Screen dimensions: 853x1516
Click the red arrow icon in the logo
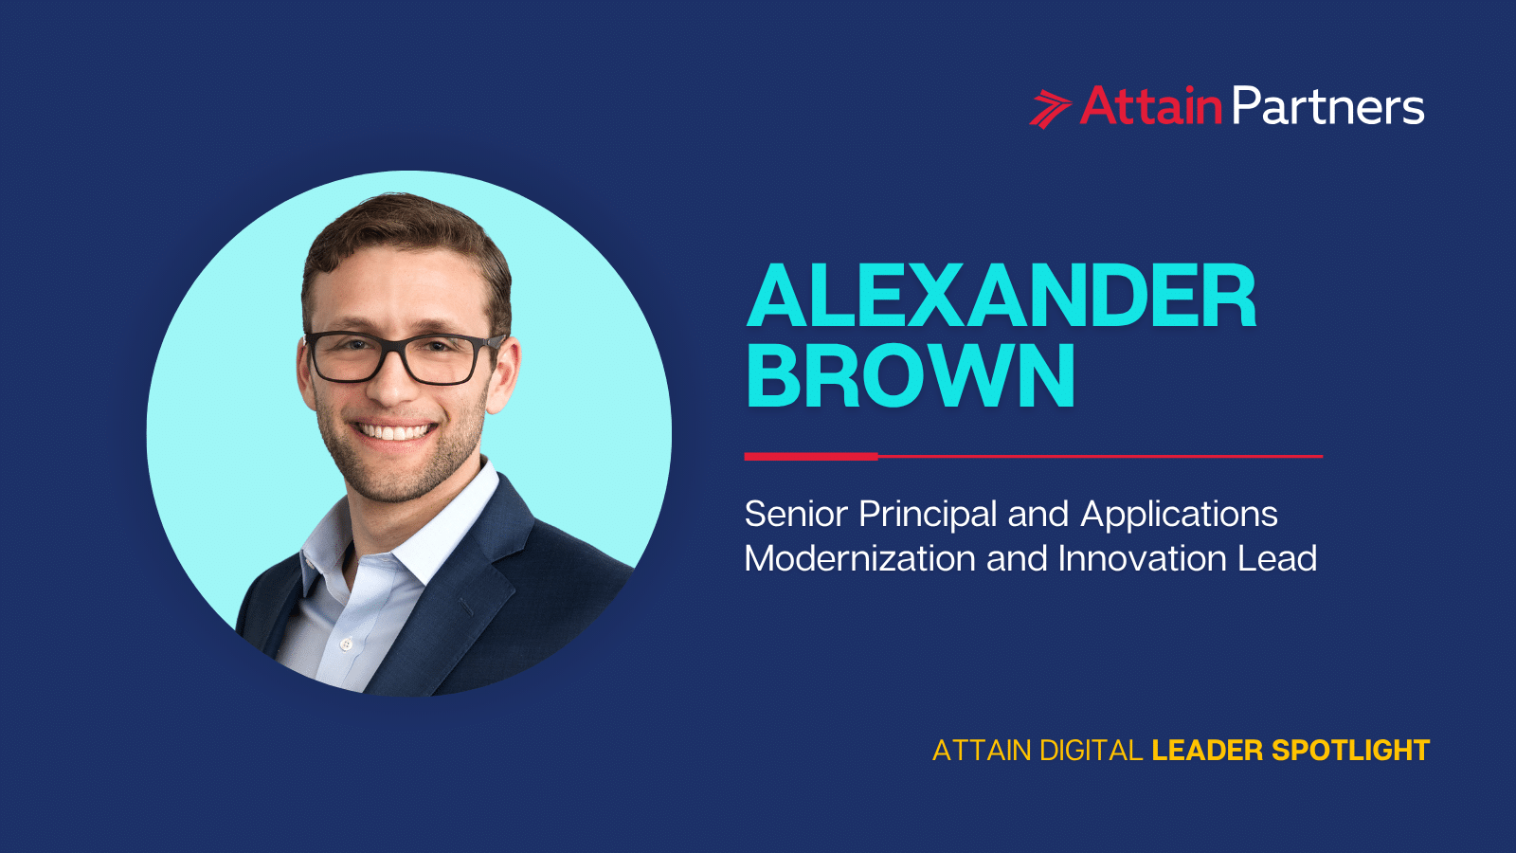pos(1050,107)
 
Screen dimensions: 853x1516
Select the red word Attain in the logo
pos(1150,106)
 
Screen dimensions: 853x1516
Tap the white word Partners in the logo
pos(1327,107)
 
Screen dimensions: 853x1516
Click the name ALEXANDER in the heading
pos(1002,298)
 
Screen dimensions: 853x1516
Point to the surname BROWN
pos(911,377)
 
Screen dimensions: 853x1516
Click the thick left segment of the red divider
pos(811,456)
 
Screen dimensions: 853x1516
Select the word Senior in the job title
pos(796,515)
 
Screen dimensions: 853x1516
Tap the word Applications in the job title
pos(1179,516)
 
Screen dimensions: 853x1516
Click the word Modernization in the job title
pos(859,559)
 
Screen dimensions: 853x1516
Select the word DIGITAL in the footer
pos(1091,751)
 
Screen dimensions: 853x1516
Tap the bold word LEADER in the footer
pos(1207,751)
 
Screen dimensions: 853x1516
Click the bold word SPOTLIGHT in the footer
pos(1350,751)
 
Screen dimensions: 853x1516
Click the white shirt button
pos(346,644)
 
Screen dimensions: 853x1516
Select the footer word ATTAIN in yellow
pos(982,751)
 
